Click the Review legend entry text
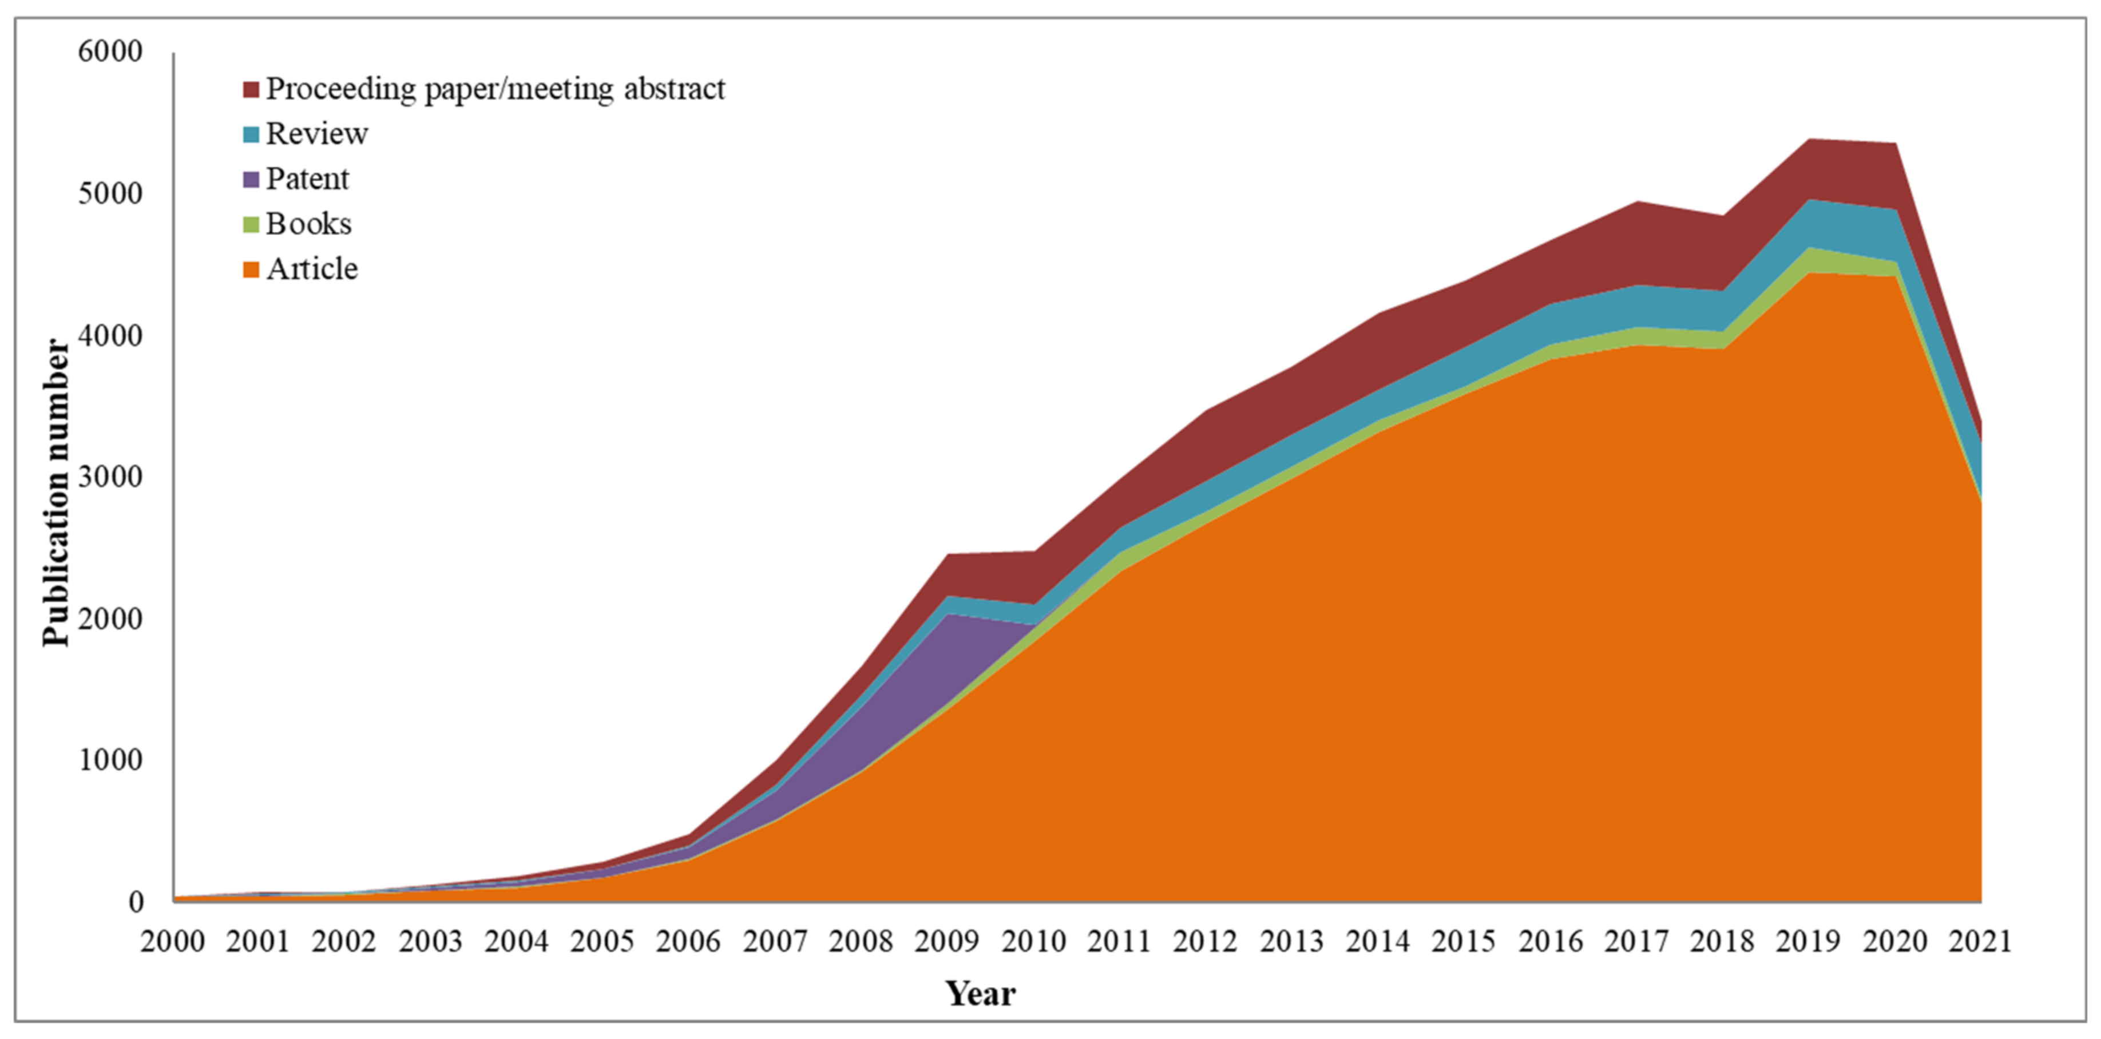(316, 134)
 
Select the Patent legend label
(307, 179)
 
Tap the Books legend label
(308, 224)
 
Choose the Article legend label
(312, 269)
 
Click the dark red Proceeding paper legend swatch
(251, 89)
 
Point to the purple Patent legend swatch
(251, 179)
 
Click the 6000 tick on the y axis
(110, 51)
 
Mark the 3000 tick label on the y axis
(110, 477)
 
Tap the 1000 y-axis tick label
(110, 760)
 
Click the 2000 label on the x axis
(172, 942)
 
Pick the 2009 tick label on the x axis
(947, 942)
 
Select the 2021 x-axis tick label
(1980, 942)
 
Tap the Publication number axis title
(57, 493)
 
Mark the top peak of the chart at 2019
(1809, 140)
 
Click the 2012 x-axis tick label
(1206, 942)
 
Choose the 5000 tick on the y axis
(110, 194)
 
